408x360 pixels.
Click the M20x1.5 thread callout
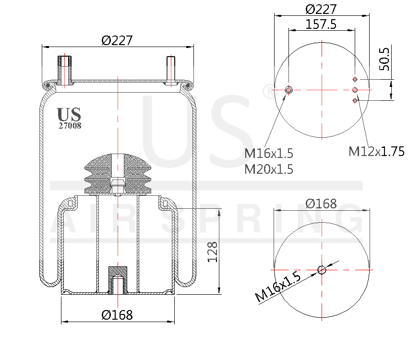click(x=268, y=169)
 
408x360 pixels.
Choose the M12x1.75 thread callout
click(x=376, y=152)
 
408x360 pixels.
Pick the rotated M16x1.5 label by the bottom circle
click(x=278, y=286)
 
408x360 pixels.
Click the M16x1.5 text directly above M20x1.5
click(x=268, y=154)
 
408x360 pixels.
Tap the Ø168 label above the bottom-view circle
click(x=321, y=204)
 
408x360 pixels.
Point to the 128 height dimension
click(x=213, y=251)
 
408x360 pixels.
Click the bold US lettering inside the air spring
click(x=69, y=114)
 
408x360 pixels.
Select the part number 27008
click(x=70, y=126)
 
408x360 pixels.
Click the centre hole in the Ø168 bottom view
click(x=322, y=270)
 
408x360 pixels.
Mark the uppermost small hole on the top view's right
click(x=355, y=79)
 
